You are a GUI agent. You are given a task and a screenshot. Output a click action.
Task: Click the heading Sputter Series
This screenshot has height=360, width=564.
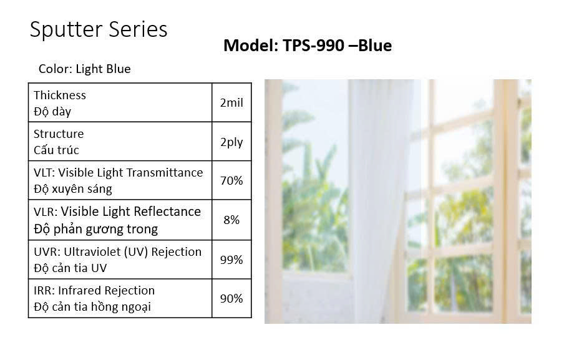pyautogui.click(x=99, y=30)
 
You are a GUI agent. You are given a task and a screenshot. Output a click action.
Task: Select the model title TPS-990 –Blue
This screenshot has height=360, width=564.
pyautogui.click(x=337, y=46)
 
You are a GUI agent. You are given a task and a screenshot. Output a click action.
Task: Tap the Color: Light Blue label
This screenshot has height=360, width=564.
pyautogui.click(x=84, y=69)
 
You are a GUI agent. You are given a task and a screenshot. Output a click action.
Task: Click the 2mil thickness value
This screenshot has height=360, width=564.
pyautogui.click(x=231, y=102)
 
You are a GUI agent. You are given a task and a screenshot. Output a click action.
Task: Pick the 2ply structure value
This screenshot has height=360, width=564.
pyautogui.click(x=231, y=142)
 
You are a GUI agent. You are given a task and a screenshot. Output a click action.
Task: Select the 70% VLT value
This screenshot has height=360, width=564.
pyautogui.click(x=231, y=180)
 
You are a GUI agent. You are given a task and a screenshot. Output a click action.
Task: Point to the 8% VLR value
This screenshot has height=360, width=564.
pyautogui.click(x=231, y=220)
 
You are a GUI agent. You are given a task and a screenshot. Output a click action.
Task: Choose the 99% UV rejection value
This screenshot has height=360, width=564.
pyautogui.click(x=231, y=260)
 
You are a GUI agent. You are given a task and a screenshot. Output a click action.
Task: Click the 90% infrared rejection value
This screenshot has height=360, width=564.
pyautogui.click(x=231, y=298)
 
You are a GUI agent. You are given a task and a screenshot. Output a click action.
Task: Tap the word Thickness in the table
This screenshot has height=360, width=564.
pyautogui.click(x=60, y=95)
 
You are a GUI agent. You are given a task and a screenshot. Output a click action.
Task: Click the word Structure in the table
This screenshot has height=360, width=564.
pyautogui.click(x=59, y=134)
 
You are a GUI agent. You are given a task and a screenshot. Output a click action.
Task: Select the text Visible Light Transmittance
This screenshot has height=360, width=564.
pyautogui.click(x=130, y=173)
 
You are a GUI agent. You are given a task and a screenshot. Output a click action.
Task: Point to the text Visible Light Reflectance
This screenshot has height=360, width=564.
pyautogui.click(x=130, y=212)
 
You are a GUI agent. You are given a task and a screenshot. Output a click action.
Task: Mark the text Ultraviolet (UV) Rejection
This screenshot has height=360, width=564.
pyautogui.click(x=133, y=251)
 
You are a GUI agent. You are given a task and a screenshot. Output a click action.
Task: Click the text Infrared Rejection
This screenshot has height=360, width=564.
pyautogui.click(x=106, y=290)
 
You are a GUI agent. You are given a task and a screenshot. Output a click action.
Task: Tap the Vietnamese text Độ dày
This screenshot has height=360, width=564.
pyautogui.click(x=52, y=112)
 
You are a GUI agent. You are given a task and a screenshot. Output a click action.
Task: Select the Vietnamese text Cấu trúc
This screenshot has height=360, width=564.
pyautogui.click(x=56, y=150)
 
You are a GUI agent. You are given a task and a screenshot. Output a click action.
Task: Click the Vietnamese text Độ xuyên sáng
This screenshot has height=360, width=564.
pyautogui.click(x=73, y=189)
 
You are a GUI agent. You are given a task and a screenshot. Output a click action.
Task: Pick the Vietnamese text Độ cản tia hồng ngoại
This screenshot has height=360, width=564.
pyautogui.click(x=92, y=307)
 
